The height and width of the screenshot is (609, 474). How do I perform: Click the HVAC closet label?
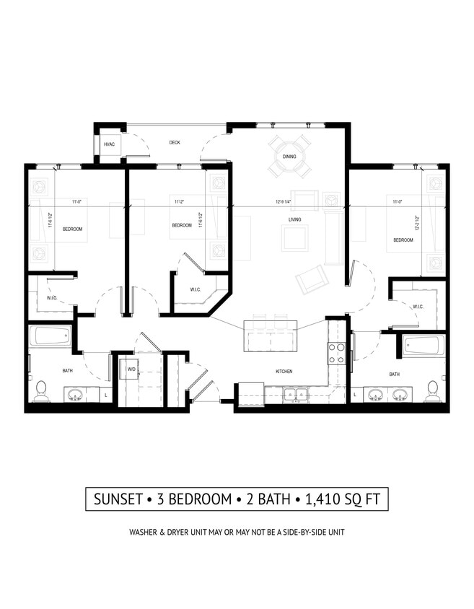[110, 144]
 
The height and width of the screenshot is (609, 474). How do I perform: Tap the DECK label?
[175, 143]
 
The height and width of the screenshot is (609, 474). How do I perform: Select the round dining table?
[289, 156]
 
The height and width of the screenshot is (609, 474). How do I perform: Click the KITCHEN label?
[284, 372]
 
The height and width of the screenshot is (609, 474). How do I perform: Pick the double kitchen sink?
[295, 395]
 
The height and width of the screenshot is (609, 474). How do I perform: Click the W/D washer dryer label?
[131, 369]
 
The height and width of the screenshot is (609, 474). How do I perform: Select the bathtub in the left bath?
[51, 336]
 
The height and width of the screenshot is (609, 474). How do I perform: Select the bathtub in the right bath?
[423, 346]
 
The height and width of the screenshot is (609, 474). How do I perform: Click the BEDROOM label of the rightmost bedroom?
[403, 240]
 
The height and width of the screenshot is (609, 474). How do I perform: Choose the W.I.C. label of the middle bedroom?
[195, 290]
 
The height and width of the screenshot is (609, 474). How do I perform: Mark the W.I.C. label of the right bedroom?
[418, 307]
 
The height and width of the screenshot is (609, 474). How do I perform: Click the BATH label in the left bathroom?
[68, 371]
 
